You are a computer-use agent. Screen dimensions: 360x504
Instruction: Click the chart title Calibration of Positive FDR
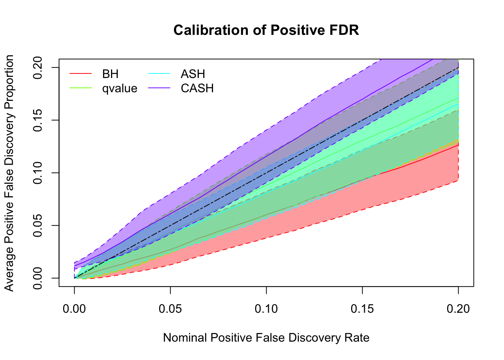[x=266, y=30]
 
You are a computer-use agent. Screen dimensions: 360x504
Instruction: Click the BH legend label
[x=110, y=74]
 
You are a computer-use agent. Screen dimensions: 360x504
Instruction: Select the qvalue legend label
[x=120, y=88]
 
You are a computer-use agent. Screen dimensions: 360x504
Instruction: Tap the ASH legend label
[x=193, y=74]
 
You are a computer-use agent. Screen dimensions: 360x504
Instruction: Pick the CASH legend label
[x=197, y=88]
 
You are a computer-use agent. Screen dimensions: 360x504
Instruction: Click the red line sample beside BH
[x=81, y=74]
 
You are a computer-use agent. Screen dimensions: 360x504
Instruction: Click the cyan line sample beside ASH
[x=159, y=74]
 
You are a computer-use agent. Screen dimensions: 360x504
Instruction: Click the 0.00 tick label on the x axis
[x=74, y=309]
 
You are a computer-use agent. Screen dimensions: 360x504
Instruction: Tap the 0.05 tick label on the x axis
[x=170, y=309]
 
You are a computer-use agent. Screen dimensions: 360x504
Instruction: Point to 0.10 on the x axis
[x=266, y=309]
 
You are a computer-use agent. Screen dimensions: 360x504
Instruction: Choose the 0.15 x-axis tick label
[x=362, y=309]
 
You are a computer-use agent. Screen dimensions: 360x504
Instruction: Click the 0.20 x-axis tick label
[x=458, y=309]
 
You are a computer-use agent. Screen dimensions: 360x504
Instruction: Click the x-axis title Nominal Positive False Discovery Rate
[x=266, y=338]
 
